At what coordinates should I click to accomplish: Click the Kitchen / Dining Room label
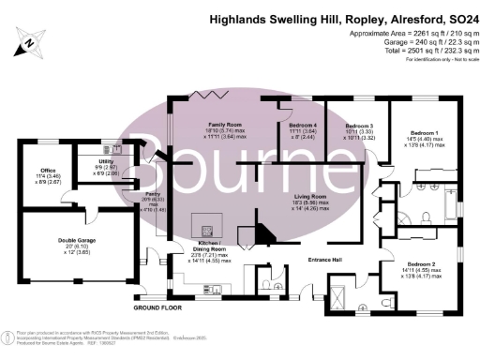tap(209, 247)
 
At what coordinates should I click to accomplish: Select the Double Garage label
tap(79, 240)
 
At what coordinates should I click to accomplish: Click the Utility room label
tap(107, 160)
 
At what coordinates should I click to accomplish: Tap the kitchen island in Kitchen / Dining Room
tap(205, 225)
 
